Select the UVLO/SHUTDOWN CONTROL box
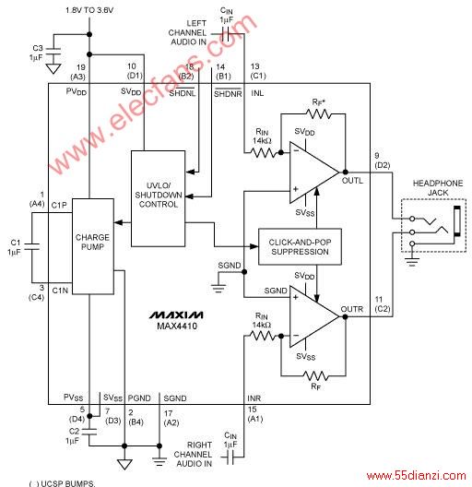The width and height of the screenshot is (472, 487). [x=158, y=198]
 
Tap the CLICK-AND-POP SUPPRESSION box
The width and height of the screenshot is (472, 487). [x=300, y=247]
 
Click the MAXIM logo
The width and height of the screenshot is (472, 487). [x=176, y=315]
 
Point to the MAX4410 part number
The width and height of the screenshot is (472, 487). [x=177, y=327]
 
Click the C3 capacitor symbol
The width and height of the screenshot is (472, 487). [x=53, y=52]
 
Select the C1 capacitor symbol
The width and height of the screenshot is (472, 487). [x=31, y=247]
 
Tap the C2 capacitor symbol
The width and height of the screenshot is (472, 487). [x=89, y=432]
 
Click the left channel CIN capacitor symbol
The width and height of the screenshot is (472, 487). [x=226, y=34]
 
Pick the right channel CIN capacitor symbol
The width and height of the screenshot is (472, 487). [x=230, y=457]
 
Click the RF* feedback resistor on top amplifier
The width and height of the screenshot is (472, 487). [x=318, y=114]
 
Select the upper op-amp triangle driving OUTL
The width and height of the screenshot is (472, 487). [x=314, y=172]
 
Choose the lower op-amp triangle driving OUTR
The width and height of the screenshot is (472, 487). [x=314, y=316]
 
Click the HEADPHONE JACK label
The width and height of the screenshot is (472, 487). [x=438, y=188]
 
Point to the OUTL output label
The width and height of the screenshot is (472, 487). [x=352, y=181]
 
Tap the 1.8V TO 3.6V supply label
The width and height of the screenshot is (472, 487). [x=89, y=10]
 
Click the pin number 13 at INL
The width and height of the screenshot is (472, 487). [x=254, y=66]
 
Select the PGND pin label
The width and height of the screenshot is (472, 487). [x=139, y=398]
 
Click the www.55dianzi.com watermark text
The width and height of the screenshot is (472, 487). [x=416, y=476]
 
